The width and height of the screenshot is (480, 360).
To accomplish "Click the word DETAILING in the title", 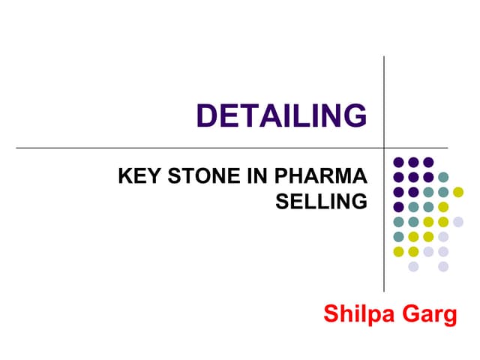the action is pos(282,115).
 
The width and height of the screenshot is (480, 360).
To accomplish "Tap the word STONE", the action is pos(204,175).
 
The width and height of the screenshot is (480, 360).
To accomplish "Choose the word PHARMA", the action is pos(321,175).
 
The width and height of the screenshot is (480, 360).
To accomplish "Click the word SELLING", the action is pos(322,201).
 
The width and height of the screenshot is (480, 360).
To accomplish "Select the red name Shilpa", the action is pos(358,313).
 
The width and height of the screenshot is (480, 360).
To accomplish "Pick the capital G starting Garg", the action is pos(410,313).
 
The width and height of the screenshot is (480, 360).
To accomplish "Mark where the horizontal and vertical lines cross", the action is pos(384,148).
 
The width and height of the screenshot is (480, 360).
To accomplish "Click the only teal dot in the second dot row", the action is pos(443,177).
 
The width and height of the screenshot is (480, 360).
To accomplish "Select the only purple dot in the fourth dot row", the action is pos(398,207).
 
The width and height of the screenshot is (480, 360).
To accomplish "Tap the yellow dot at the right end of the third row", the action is pos(458,192).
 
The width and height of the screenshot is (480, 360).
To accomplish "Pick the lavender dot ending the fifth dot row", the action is pos(458,222).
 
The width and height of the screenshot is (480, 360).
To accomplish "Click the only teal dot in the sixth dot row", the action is pos(398,237).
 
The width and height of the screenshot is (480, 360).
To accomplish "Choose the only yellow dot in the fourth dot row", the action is pos(443,207).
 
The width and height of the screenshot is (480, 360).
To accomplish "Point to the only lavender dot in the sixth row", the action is pos(443,237).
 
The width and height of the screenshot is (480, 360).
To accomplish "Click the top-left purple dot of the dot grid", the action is pos(398,162).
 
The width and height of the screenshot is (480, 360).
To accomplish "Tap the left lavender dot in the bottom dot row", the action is pos(413,267).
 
